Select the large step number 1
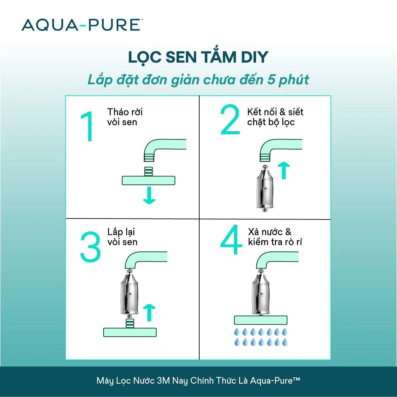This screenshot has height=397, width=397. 87,126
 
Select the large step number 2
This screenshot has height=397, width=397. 230,119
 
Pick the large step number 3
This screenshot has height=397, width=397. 90,246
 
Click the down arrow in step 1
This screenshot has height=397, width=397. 149,196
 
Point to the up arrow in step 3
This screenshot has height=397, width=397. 149,313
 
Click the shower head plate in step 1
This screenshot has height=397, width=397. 148,180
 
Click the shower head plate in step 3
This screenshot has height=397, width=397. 130,332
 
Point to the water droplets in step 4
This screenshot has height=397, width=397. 261,337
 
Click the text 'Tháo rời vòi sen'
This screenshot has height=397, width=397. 125,117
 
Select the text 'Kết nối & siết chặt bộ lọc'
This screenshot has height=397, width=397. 275,117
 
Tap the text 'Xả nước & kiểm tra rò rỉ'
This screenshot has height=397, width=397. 275,237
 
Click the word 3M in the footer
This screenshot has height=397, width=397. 163,381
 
